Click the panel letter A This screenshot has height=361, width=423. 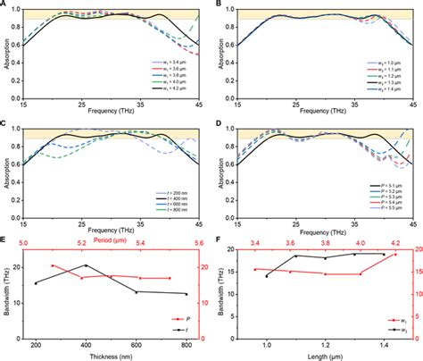tap(4, 4)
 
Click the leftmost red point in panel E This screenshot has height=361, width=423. tap(53, 265)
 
